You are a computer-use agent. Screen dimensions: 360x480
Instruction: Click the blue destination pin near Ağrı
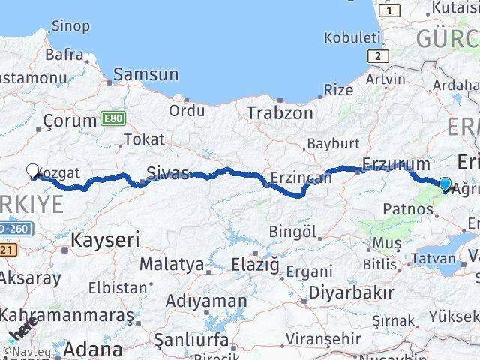445,184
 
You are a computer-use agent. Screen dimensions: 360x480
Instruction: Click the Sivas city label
168,172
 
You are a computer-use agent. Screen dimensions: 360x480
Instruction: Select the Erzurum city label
396,164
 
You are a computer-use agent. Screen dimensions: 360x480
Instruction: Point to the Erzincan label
300,178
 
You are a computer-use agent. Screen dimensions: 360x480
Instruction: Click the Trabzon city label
280,113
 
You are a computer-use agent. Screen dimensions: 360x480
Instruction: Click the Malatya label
171,264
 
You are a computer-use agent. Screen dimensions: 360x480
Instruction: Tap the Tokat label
144,139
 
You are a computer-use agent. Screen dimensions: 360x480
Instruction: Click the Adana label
93,349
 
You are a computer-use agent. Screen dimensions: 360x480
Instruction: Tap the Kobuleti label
352,37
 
